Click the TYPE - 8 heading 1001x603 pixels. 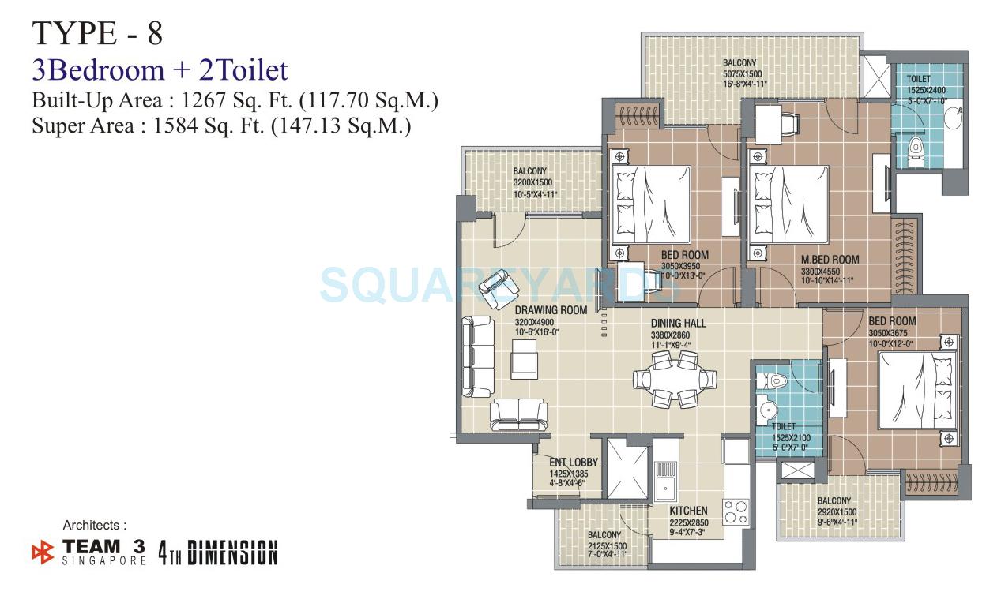point(97,34)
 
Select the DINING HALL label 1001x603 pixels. point(678,324)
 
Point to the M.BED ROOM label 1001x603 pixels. point(830,260)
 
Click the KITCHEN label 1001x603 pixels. point(688,511)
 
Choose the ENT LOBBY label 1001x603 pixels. point(574,463)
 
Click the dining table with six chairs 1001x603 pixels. point(675,380)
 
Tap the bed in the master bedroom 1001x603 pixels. point(789,205)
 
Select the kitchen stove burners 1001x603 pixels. point(736,511)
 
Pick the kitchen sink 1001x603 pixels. point(664,479)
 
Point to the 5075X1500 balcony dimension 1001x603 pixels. point(739,73)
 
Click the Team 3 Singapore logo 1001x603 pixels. point(89,551)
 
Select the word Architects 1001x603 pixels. point(95,525)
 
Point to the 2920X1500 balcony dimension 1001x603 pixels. point(834,511)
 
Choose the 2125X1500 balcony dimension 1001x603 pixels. point(607,546)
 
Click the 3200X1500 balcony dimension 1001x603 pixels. point(529,182)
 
